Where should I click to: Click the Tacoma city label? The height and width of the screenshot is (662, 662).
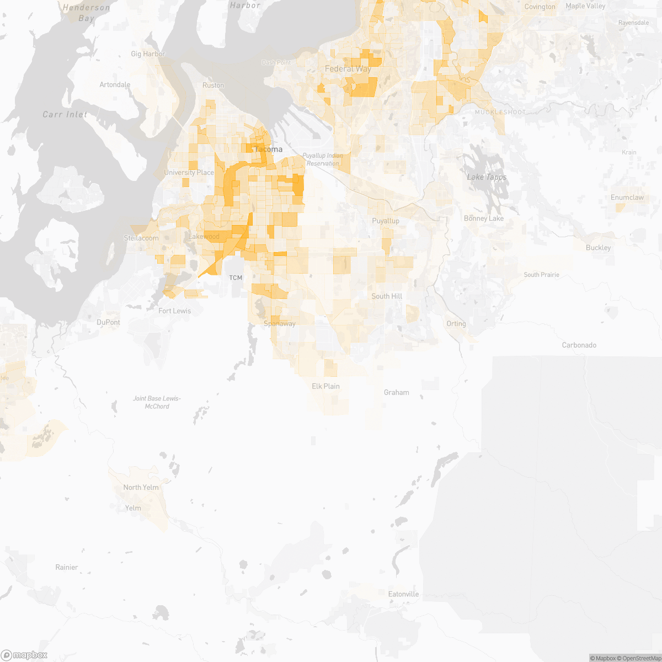(268, 150)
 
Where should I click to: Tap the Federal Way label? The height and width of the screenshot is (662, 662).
(348, 69)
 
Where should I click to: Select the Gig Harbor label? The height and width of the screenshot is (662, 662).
(148, 54)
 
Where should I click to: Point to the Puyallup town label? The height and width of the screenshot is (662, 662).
(386, 221)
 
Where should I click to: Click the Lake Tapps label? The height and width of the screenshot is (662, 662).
(487, 177)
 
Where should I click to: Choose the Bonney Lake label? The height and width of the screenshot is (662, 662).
(484, 218)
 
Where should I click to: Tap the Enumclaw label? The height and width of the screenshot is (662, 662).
(627, 197)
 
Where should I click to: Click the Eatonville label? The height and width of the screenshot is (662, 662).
(403, 594)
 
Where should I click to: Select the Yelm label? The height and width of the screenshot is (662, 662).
(133, 508)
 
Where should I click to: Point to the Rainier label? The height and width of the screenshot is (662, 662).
(67, 567)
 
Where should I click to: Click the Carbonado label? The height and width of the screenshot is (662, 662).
(579, 345)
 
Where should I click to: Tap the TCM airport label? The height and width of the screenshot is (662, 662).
(236, 277)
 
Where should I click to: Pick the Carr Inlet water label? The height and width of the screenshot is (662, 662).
(65, 115)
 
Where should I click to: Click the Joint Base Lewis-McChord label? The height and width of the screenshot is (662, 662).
(157, 402)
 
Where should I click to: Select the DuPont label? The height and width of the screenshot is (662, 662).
(108, 322)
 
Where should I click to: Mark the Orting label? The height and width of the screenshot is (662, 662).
(456, 324)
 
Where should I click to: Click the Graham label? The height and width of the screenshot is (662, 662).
(397, 393)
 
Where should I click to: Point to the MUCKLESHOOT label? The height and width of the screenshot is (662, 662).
(500, 112)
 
